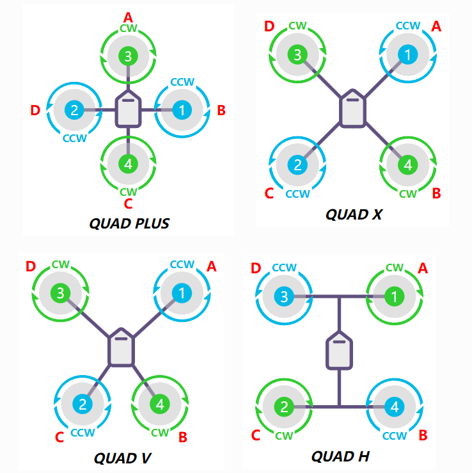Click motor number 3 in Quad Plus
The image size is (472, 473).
pos(128,56)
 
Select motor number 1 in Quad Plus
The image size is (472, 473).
pos(182,110)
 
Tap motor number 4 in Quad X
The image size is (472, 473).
pos(408,165)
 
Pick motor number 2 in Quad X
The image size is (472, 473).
pos(297,165)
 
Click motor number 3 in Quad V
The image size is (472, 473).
pos(60,293)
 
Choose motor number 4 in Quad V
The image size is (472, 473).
pos(160,405)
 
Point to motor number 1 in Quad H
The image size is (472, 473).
pos(394,296)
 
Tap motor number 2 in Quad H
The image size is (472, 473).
pos(284,407)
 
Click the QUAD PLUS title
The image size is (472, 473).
pos(129,223)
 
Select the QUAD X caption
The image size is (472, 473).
pos(354,214)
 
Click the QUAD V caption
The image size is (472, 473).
pos(122,458)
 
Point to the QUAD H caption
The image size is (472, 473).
pos(340,456)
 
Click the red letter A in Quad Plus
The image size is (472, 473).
pos(128,17)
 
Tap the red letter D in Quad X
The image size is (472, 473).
pos(269,26)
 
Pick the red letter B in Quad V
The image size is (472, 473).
pos(183,437)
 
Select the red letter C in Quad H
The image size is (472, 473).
pos(256,435)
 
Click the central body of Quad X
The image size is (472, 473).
pos(352,108)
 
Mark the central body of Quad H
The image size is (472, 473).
pos(339,351)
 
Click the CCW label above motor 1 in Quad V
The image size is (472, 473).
pos(182,264)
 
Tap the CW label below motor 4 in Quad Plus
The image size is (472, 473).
pos(129,192)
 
